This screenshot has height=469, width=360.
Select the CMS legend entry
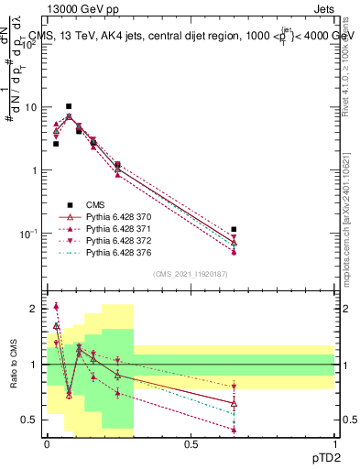96,204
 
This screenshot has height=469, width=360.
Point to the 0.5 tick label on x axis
191,444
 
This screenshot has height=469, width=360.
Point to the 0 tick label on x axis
46,444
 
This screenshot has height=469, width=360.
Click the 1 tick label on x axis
334,444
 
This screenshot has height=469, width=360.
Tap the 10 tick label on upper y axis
31,107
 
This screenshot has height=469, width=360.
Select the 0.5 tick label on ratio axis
32,420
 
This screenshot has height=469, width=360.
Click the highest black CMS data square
69,106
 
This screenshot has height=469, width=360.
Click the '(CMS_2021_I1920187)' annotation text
191,274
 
